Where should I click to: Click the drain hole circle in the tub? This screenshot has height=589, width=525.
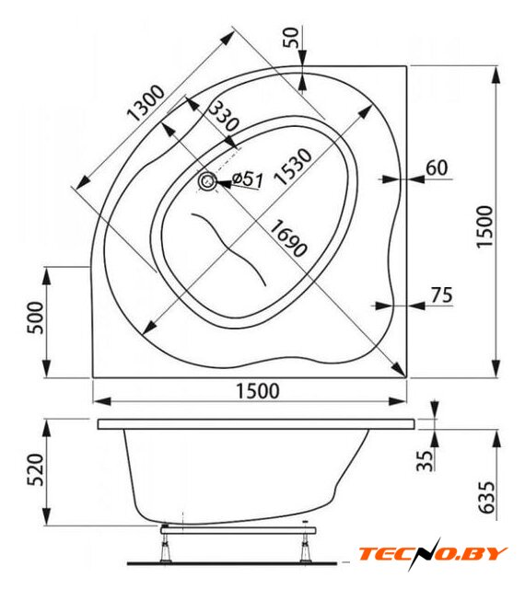tap(206, 182)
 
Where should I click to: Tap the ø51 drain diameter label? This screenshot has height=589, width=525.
tap(247, 179)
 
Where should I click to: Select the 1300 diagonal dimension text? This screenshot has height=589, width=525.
tap(146, 102)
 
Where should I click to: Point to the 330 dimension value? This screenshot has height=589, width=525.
tap(224, 117)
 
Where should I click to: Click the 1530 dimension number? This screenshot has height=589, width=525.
tap(292, 167)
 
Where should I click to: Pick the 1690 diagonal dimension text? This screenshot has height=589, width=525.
tap(288, 239)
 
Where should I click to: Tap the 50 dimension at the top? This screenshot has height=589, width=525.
tap(291, 37)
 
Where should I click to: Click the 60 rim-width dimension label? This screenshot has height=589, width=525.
tap(437, 167)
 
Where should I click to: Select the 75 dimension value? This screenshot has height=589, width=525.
tap(441, 294)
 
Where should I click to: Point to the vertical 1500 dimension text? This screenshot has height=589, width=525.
tap(484, 227)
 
